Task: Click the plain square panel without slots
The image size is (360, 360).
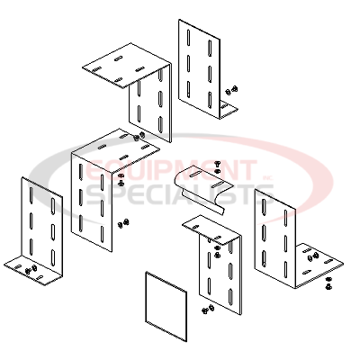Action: tap(166, 307)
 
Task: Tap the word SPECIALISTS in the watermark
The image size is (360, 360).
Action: tap(180, 195)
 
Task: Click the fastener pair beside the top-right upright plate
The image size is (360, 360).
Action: tap(232, 89)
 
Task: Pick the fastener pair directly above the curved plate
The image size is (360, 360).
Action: tap(218, 167)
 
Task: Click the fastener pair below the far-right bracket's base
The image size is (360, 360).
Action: tap(328, 283)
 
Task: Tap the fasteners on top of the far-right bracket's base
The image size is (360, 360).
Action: tap(312, 256)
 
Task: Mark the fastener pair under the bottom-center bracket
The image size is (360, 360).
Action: tap(208, 309)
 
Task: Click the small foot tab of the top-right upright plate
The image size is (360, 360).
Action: tap(229, 110)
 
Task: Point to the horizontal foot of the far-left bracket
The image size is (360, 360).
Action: tap(33, 271)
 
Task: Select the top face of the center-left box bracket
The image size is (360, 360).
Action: tap(115, 150)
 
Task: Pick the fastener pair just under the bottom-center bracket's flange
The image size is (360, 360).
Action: tap(218, 251)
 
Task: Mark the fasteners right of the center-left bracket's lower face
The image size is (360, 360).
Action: tap(123, 223)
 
